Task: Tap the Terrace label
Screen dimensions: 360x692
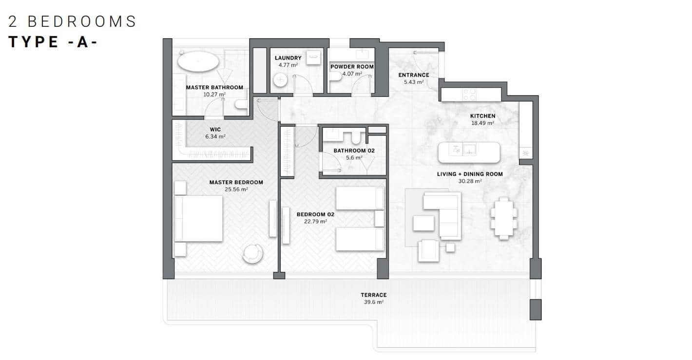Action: (373, 295)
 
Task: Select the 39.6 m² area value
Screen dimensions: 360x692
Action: (373, 302)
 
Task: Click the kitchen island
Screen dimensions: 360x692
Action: (469, 152)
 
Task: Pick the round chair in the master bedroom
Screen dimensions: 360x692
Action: (253, 253)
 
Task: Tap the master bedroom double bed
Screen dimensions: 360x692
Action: (199, 218)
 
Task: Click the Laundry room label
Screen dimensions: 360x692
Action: (288, 58)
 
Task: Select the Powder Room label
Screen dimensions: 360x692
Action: (352, 67)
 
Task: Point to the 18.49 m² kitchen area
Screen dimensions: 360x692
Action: (482, 123)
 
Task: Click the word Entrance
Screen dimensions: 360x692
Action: (413, 75)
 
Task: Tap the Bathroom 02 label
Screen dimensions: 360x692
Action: (354, 151)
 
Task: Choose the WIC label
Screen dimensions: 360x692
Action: (215, 130)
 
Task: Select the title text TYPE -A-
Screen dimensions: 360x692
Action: (53, 42)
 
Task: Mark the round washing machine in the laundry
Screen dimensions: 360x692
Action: (281, 80)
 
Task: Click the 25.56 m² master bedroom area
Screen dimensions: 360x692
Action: (236, 189)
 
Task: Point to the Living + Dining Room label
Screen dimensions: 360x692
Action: (469, 174)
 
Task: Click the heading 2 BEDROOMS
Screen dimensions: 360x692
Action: (72, 21)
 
